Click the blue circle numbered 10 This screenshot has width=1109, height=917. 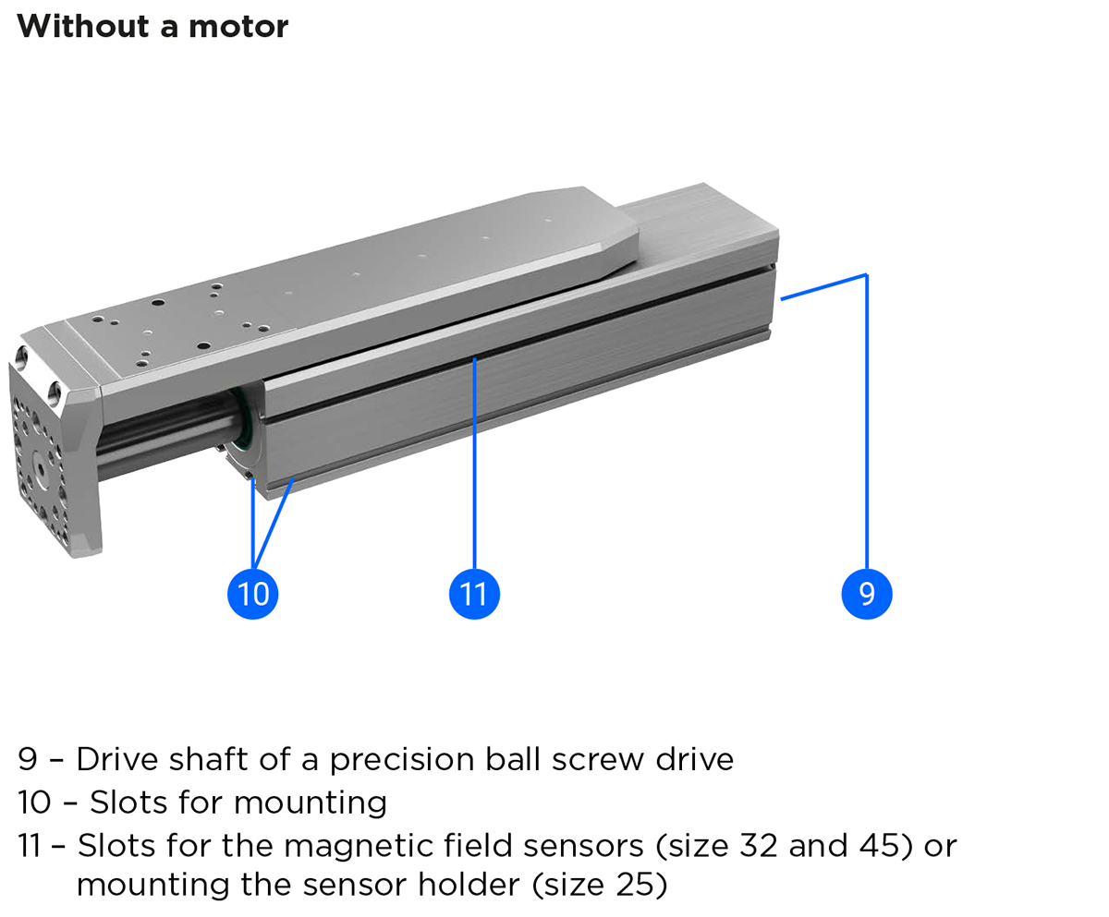[252, 593]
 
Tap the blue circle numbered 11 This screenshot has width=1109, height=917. [474, 593]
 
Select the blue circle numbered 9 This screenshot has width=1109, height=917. [867, 593]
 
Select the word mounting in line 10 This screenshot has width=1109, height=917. [311, 802]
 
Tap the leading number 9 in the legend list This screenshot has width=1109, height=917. [27, 759]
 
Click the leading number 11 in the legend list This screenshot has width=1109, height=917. [30, 845]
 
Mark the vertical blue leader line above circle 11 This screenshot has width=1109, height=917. [474, 462]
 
